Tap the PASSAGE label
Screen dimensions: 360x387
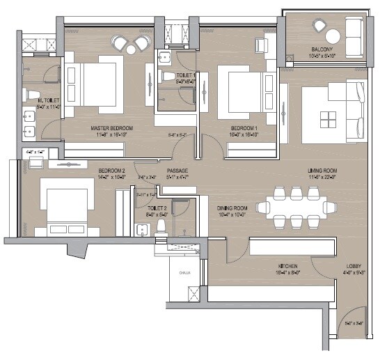(x=177, y=171)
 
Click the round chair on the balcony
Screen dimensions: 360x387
(x=322, y=26)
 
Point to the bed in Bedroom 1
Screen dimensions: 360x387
(x=236, y=87)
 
